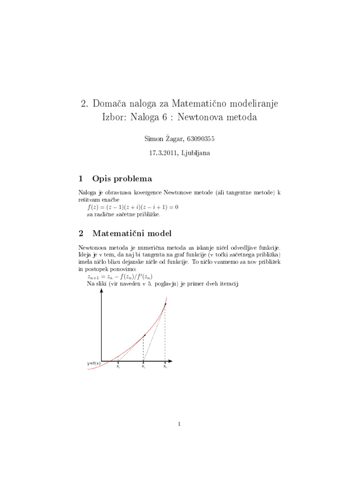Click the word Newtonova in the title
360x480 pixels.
(x=203, y=117)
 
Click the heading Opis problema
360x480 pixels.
(x=122, y=178)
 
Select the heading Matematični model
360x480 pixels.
(x=132, y=233)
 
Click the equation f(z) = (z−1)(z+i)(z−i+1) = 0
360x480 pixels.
(x=133, y=207)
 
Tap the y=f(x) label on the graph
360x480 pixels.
(x=94, y=363)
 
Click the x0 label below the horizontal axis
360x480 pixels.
(x=165, y=367)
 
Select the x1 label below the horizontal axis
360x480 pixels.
(x=143, y=367)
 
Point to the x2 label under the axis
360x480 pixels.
(x=118, y=367)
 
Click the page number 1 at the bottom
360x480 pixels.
(x=180, y=424)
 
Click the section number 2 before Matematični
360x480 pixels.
(x=82, y=233)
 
